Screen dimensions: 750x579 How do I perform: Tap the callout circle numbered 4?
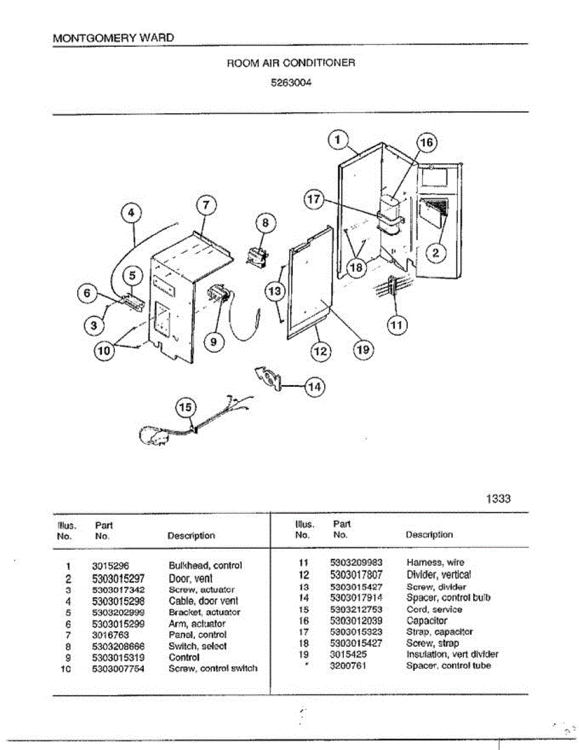click(131, 213)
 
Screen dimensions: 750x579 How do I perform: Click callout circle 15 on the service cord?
click(186, 407)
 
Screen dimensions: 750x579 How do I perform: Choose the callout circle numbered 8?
click(265, 222)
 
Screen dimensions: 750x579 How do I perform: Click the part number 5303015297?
click(118, 579)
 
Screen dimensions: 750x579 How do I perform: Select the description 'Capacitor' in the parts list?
click(427, 621)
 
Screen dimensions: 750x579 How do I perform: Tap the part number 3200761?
click(348, 666)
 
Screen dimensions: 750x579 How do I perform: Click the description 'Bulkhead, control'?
click(205, 566)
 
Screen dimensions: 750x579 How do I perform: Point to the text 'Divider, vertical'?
click(438, 574)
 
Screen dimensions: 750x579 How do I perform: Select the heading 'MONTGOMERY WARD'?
click(113, 37)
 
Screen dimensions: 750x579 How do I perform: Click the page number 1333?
click(498, 498)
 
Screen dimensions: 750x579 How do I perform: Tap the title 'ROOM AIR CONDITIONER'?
click(290, 63)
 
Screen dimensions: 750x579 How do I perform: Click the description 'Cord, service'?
click(434, 609)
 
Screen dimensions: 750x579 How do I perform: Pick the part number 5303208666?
click(118, 646)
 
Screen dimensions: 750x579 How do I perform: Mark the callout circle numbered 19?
click(362, 351)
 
